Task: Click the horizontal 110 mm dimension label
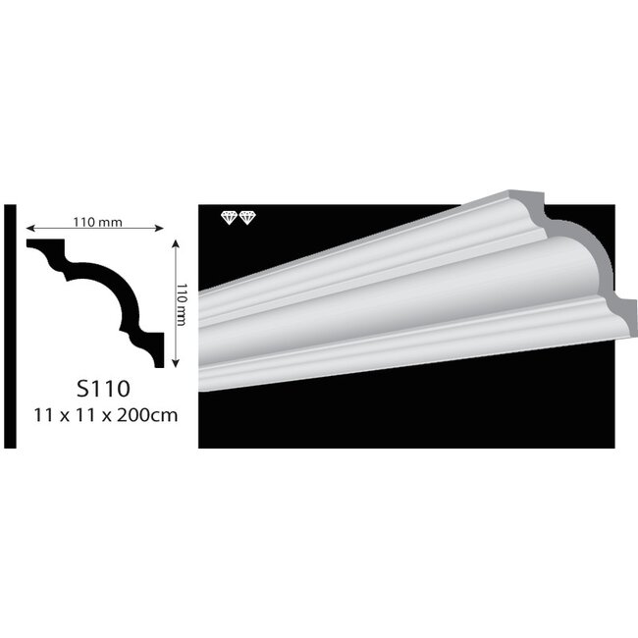click(x=96, y=220)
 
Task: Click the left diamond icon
click(x=229, y=217)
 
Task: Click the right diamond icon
click(x=245, y=217)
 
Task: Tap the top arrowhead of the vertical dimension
click(x=174, y=242)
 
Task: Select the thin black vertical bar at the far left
click(x=10, y=325)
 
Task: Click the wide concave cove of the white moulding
click(x=412, y=285)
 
